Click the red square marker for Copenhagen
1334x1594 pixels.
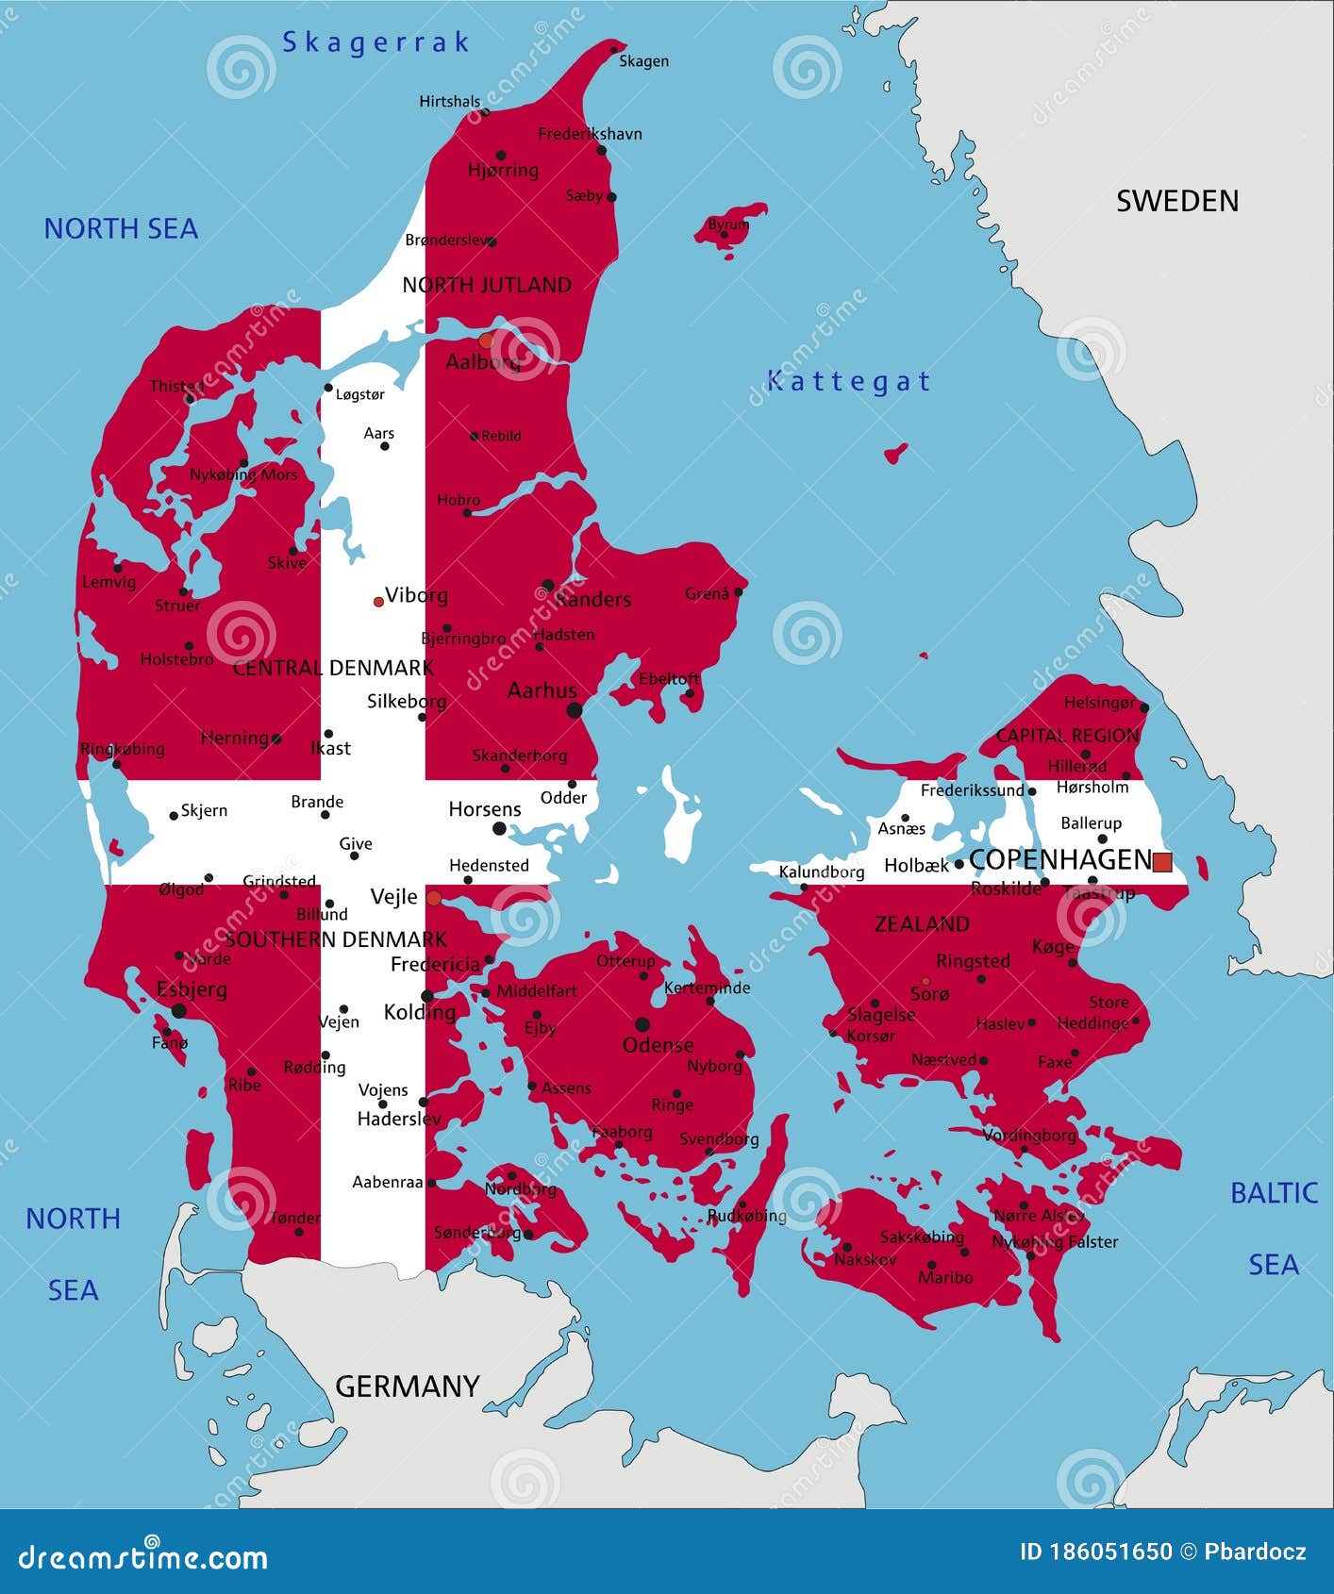click(x=1162, y=861)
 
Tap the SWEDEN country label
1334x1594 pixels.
click(x=1177, y=201)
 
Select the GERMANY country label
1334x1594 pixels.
click(x=408, y=1386)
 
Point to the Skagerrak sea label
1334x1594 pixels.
click(x=375, y=42)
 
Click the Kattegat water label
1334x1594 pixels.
click(x=848, y=381)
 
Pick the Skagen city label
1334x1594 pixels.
click(x=643, y=61)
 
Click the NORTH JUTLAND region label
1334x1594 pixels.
click(x=487, y=285)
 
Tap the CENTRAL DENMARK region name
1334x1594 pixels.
click(x=333, y=668)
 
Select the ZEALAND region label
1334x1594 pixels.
click(x=922, y=924)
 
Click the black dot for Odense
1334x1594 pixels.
click(x=642, y=1024)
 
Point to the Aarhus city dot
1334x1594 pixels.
click(x=574, y=709)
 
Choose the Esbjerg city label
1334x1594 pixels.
click(x=192, y=989)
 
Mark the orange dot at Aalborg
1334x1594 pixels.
click(x=486, y=340)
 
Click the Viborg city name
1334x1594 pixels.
click(x=416, y=595)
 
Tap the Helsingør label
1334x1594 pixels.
click(x=1099, y=703)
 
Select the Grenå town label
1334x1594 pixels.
click(x=707, y=593)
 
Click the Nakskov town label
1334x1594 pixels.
click(x=865, y=1259)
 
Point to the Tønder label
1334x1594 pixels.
click(x=295, y=1218)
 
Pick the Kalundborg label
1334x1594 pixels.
click(x=822, y=872)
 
